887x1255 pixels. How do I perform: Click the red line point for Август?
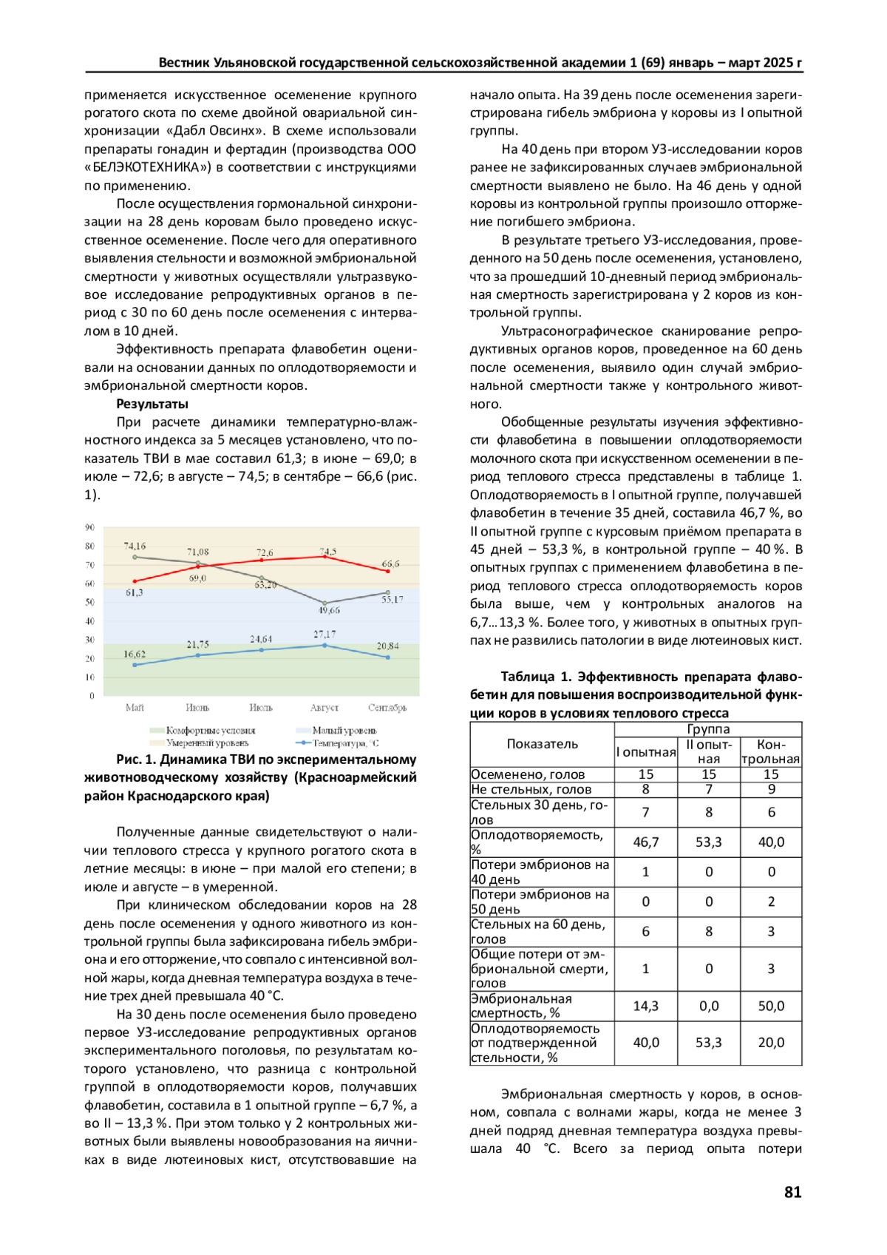click(x=324, y=556)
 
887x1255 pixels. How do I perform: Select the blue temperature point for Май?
click(x=135, y=665)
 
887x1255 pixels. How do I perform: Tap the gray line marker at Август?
click(x=324, y=603)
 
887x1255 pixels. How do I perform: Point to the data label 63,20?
click(x=265, y=585)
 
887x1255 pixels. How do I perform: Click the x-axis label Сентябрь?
click(x=387, y=708)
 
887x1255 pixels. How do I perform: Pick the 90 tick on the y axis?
click(x=89, y=527)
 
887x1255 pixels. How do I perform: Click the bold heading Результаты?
click(x=152, y=404)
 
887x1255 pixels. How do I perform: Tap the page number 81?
click(x=792, y=1191)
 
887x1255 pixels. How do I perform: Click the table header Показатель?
click(x=542, y=744)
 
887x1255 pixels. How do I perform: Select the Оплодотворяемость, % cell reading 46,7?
click(x=645, y=842)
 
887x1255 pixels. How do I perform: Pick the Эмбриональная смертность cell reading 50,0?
click(x=771, y=1006)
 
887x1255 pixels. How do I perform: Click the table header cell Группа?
click(x=708, y=729)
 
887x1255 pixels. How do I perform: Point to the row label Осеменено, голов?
click(x=528, y=774)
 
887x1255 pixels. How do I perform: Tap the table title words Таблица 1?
click(x=536, y=677)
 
